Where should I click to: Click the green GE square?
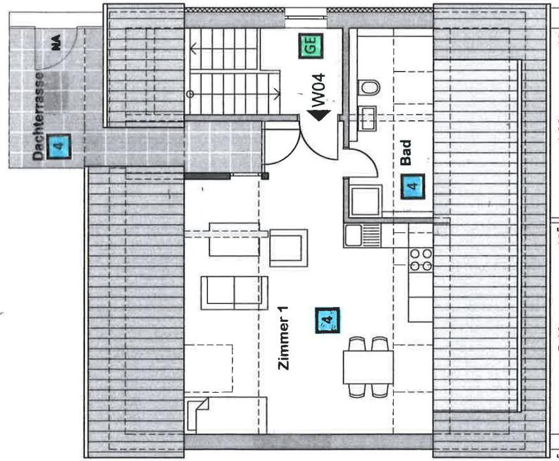pos(311,46)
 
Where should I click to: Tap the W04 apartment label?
pos(318,90)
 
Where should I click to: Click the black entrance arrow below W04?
pos(318,115)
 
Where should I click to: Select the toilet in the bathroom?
pos(369,87)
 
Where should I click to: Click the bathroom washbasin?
pos(367,117)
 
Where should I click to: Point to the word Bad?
pos(406,153)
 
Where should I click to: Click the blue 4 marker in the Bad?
pos(412,186)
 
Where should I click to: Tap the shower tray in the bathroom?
pos(365,201)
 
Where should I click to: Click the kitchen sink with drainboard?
pos(362,236)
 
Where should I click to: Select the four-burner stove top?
pos(421,259)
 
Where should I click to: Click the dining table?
pos(368,367)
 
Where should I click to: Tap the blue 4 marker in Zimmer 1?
pos(327,320)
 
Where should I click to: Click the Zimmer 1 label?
pos(283,338)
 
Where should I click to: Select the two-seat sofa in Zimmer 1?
pos(234,293)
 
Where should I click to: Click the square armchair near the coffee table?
pos(288,248)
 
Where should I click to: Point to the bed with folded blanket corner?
pos(226,415)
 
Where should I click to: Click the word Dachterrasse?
pos(38,116)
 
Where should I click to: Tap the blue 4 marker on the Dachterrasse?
pos(59,146)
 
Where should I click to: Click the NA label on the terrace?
pos(56,42)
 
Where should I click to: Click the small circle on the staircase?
pos(190,94)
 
